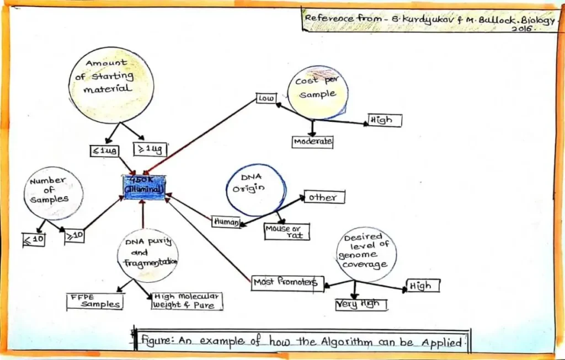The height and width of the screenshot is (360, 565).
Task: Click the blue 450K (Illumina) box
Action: coord(143,187)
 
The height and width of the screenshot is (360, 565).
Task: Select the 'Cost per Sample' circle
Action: coord(317,92)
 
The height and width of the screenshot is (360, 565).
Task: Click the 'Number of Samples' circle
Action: coord(54,193)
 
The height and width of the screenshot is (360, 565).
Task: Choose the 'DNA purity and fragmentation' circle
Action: coord(147,255)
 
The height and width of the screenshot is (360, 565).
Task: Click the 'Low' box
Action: coord(266,99)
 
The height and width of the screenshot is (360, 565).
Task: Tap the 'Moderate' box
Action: coord(312,142)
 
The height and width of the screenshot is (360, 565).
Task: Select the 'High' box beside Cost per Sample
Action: coord(385,120)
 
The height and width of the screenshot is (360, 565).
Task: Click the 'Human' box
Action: coord(226,222)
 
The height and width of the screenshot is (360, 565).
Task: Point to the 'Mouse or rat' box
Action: coord(286,232)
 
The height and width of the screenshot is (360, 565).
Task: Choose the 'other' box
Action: coord(324,197)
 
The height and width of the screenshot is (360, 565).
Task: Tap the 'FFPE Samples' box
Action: coord(95,301)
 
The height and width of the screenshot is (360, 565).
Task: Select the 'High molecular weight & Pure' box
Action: coord(186,301)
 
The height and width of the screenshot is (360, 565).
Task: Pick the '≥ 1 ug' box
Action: coord(150,149)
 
